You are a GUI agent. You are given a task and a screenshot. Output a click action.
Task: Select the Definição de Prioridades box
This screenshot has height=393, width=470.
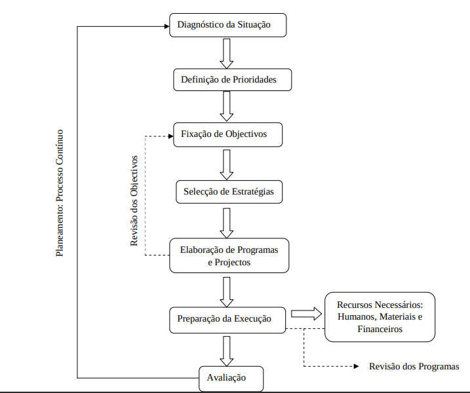232,80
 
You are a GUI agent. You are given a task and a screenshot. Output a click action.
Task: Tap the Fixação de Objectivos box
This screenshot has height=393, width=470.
228,135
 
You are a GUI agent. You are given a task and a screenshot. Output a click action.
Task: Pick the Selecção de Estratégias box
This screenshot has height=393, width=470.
229,192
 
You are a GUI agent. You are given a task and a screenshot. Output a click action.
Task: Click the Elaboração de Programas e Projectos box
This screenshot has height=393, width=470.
229,255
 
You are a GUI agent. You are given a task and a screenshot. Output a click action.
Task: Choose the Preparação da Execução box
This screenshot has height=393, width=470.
228,319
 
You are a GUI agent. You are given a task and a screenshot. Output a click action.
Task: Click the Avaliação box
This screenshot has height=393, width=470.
231,378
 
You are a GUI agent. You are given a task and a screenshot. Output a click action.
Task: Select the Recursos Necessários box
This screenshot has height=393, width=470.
380,317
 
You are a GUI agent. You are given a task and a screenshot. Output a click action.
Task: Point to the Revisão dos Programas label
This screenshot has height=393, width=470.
414,366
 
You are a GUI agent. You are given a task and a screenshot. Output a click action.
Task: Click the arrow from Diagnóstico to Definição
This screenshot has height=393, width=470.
227,53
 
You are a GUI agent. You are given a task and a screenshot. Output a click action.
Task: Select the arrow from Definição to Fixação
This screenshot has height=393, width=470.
227,106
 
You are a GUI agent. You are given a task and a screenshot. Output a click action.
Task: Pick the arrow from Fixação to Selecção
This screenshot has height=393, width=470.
227,164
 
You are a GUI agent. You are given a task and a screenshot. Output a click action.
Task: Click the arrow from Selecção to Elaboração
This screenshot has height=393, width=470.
227,223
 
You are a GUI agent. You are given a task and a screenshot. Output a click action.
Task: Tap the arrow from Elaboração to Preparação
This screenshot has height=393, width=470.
227,291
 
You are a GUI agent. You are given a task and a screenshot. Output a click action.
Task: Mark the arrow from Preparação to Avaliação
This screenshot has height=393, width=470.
227,350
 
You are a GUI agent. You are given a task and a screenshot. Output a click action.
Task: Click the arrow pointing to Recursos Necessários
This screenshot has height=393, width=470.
306,313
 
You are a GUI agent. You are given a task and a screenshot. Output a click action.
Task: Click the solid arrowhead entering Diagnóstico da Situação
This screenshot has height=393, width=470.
165,26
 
